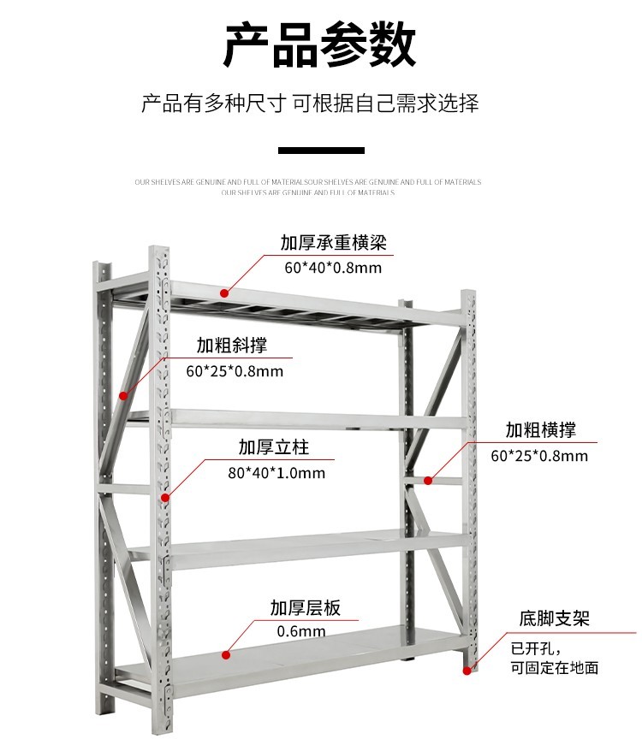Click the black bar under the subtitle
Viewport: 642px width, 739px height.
[321, 151]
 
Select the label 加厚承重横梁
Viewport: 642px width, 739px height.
[333, 243]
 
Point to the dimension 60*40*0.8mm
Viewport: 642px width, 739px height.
[333, 268]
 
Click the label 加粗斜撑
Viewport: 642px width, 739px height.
[231, 346]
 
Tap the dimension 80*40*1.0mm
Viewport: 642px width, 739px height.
[276, 472]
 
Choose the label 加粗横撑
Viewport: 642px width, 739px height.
[539, 429]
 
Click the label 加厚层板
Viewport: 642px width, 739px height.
[305, 608]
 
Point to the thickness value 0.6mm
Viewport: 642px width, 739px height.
[301, 632]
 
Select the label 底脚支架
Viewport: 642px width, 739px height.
[554, 618]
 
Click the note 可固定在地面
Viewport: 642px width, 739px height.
[554, 668]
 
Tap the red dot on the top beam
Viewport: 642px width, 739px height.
[227, 292]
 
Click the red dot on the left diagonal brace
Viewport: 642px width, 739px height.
[123, 396]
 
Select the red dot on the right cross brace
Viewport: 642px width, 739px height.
[428, 480]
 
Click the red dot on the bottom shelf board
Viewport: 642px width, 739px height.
[226, 655]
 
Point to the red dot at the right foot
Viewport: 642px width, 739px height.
[467, 670]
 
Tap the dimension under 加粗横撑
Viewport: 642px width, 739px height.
[539, 455]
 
